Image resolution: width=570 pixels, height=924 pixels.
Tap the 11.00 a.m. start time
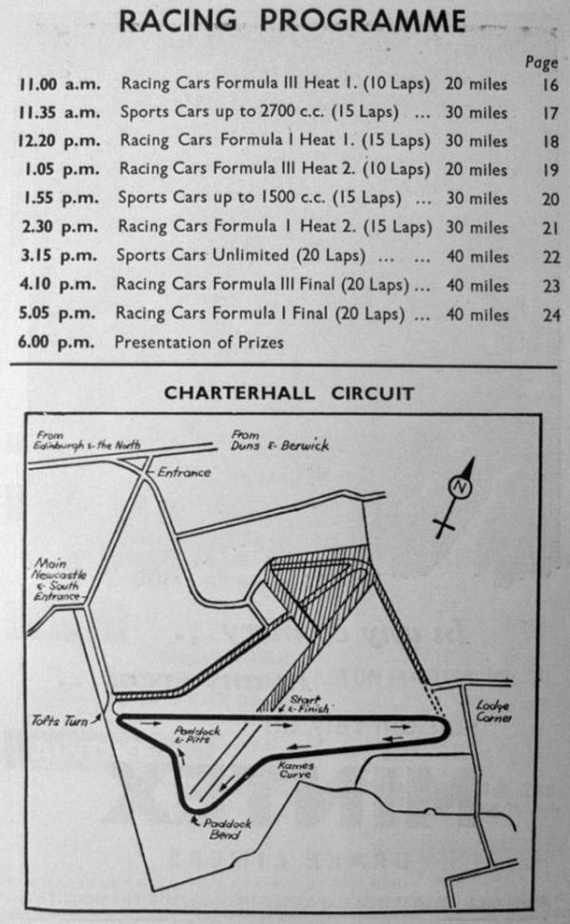point(59,84)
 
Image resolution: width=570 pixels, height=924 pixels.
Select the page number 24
point(551,314)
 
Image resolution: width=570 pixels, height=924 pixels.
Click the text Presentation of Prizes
point(199,342)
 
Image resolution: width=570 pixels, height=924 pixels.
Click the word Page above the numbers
point(541,63)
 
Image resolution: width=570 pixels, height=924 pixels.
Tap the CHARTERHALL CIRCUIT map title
point(289,392)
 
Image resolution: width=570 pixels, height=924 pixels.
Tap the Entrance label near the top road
point(184,471)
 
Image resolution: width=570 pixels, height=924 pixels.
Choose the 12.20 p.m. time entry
point(59,141)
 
